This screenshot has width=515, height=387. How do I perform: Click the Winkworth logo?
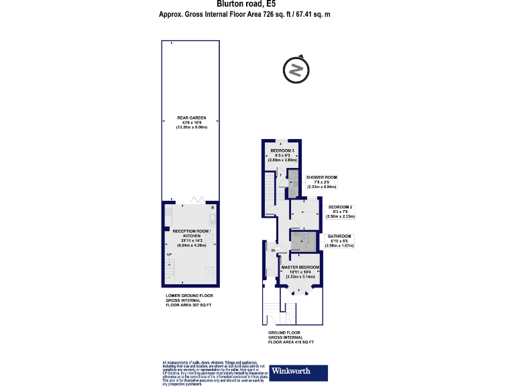(298, 372)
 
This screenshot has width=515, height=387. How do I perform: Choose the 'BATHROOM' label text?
(340, 236)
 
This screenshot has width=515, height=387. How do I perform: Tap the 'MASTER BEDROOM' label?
(300, 267)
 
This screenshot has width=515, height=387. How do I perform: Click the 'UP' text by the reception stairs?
(169, 255)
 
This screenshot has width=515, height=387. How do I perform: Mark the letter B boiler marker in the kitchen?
(212, 208)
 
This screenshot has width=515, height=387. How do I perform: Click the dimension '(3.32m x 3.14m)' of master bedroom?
(300, 276)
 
